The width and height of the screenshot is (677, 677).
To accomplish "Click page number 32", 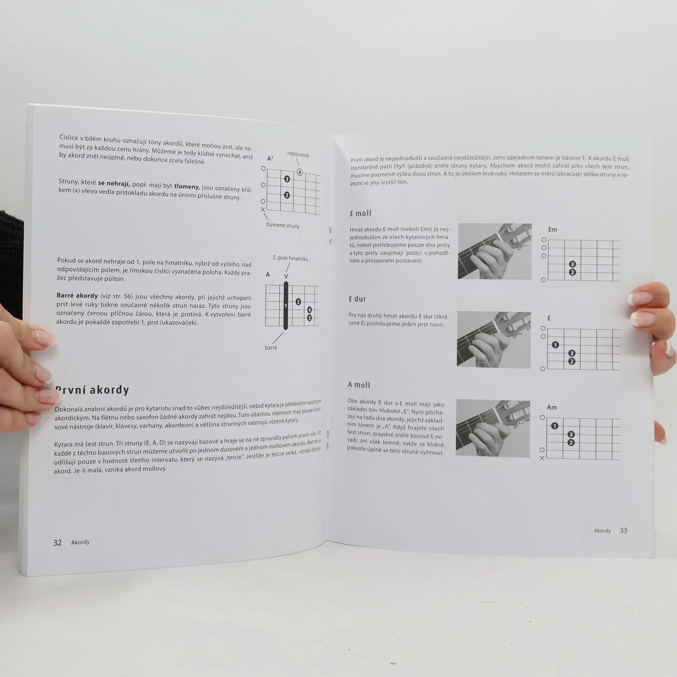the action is pos(57,542).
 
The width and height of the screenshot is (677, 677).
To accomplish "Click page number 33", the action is pos(623,531).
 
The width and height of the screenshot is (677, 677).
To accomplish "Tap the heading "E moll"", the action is pos(360,213).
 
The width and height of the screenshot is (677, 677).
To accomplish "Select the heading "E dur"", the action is pos(358,299).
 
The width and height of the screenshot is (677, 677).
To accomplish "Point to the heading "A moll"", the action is pos(359,385).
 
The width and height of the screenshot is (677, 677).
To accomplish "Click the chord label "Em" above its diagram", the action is pos(553,230).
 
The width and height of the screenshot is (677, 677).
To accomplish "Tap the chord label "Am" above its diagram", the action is pos(551,407).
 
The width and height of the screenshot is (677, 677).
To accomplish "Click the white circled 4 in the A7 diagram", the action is pos(299,172).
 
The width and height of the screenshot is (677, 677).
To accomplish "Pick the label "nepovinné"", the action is pos(298,154).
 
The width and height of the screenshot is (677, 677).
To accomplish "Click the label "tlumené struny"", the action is pos(283,225).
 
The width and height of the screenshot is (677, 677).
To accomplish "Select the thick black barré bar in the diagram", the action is pos(286,305).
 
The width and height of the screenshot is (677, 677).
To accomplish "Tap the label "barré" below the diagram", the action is pos(271,348).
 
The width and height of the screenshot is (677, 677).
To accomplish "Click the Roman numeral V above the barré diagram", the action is pos(286,276).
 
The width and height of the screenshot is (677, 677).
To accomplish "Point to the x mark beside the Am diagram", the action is pos(542,458).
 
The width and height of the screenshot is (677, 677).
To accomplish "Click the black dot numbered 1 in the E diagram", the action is pos(555,345).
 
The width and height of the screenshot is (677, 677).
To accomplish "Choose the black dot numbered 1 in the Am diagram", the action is pos(554,426).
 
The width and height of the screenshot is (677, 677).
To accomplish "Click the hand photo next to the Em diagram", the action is pos(494,251).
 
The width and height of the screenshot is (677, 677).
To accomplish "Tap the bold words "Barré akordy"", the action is pos(77,296).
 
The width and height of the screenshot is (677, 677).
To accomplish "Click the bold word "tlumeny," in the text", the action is pos(187,187).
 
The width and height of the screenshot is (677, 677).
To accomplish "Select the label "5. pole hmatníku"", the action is pos(290,258).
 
